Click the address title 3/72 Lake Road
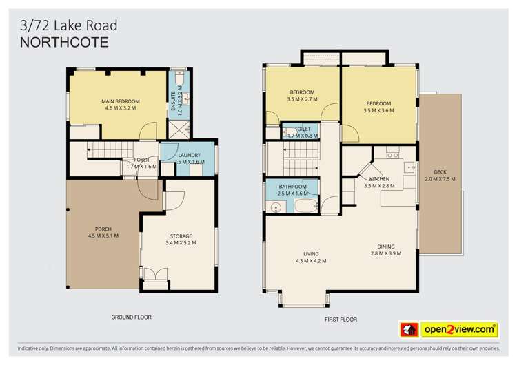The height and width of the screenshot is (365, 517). (68, 25)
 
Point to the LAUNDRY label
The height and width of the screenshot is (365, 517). (189, 156)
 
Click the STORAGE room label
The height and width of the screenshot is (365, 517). (181, 236)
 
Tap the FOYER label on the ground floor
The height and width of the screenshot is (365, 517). (142, 160)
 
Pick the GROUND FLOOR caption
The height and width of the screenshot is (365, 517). (131, 317)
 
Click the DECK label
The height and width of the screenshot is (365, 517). (440, 172)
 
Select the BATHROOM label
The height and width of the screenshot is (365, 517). (293, 187)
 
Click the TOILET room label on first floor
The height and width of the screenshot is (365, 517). (303, 129)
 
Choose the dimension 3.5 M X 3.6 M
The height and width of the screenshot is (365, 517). (378, 111)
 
